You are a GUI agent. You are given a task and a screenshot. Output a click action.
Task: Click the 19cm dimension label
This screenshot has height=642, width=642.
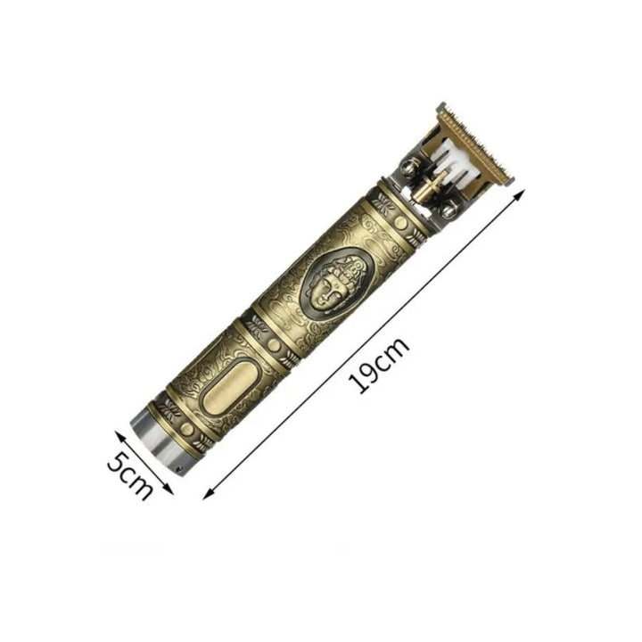378,365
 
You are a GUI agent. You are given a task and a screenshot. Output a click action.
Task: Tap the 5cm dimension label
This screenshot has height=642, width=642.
130,476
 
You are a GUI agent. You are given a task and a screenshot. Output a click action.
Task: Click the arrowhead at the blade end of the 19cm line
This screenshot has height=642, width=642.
518,195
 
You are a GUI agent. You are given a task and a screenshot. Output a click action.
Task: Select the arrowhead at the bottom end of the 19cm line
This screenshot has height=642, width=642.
209,494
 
